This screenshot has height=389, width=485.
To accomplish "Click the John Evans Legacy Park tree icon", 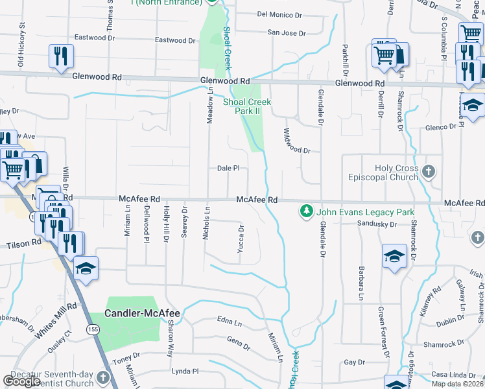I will tap(306, 211).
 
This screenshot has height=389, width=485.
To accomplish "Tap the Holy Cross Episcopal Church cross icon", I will tap(427, 172).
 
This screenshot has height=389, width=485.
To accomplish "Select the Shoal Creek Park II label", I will tap(247, 106).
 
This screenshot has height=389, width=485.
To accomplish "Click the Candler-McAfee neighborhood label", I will tap(144, 313).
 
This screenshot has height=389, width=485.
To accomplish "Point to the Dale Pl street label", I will tap(228, 168).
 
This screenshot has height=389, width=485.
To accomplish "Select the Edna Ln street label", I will tap(230, 322).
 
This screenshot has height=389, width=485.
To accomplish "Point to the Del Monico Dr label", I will tap(279, 14).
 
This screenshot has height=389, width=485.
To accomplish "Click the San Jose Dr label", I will tap(286, 32).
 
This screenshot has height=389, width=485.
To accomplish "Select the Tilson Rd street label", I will tap(23, 246).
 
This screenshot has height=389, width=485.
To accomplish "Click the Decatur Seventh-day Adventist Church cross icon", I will tap(103, 377).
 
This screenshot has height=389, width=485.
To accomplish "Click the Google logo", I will tap(21, 381).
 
